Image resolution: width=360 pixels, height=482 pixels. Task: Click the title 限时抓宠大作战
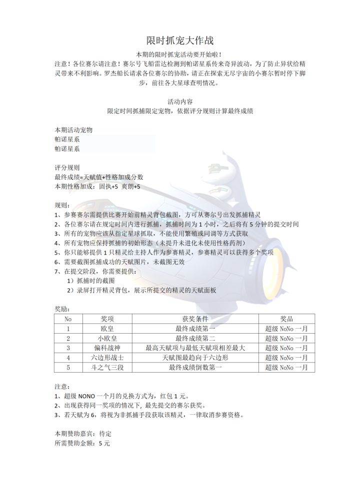(180, 39)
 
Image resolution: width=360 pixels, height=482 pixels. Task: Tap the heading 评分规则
(67, 168)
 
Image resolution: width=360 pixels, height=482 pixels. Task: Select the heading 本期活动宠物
(74, 130)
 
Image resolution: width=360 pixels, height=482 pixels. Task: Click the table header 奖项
(107, 319)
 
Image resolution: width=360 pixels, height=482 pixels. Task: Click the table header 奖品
(286, 319)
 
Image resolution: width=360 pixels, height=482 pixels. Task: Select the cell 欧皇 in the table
(107, 329)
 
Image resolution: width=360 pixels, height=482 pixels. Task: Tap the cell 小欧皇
(107, 338)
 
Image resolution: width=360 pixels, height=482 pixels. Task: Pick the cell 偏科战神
(107, 348)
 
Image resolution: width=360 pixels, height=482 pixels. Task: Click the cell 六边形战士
(107, 358)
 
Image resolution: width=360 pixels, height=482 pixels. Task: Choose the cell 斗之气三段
(107, 368)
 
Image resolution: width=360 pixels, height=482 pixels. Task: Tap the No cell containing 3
(68, 348)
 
